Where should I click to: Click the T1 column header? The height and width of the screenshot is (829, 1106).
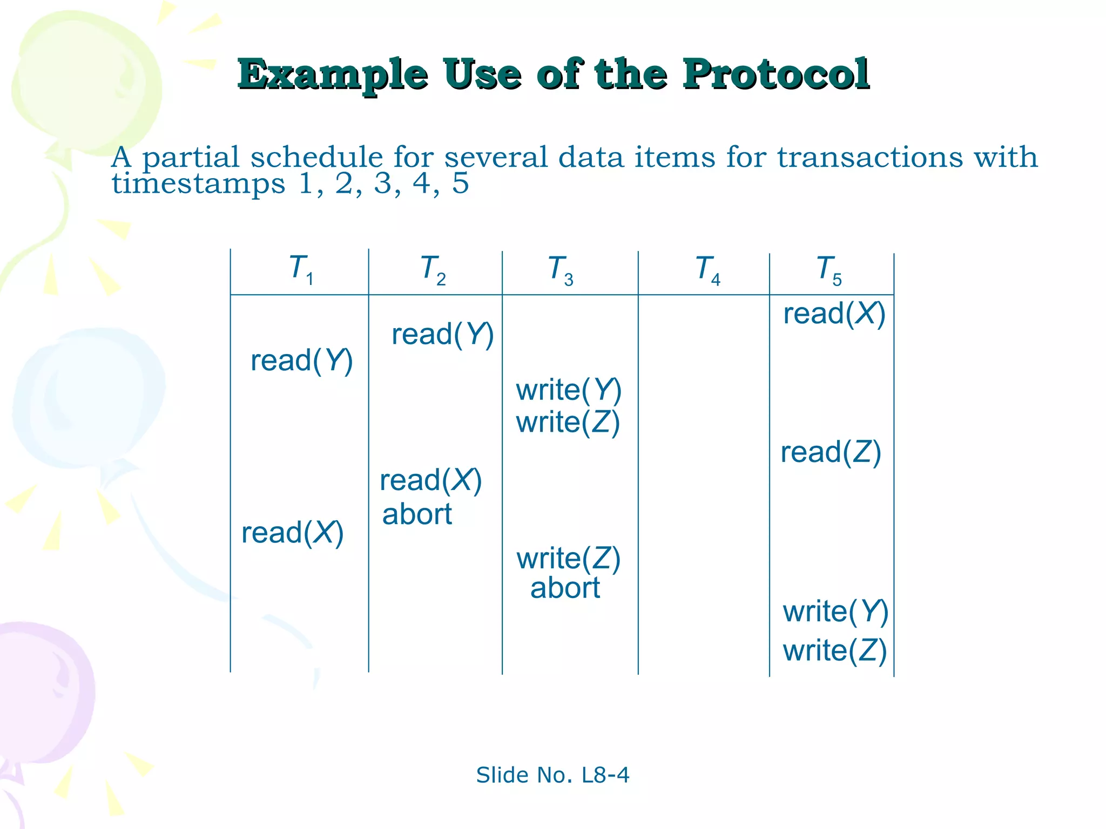(x=301, y=269)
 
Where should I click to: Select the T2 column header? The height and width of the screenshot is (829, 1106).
(x=433, y=269)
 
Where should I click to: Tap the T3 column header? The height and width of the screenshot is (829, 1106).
(x=561, y=269)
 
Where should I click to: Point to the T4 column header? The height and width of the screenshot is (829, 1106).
(x=707, y=269)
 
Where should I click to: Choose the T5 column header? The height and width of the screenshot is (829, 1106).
(x=829, y=269)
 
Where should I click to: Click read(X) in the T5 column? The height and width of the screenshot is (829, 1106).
(x=834, y=314)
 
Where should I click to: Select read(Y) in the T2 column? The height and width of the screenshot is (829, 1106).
(x=442, y=335)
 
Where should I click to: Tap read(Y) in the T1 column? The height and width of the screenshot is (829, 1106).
(x=301, y=361)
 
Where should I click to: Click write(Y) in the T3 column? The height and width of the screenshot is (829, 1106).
(x=568, y=390)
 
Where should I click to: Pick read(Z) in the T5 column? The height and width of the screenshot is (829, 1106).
(x=831, y=452)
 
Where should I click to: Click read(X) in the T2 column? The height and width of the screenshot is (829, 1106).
(x=430, y=480)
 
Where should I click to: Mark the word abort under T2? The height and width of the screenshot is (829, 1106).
(x=417, y=514)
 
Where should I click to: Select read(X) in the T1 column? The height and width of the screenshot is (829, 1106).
(x=292, y=533)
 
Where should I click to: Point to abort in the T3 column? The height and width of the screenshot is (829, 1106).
(x=565, y=588)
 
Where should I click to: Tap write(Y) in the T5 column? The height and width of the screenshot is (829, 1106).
(x=835, y=612)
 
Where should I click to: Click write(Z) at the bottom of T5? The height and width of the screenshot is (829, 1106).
(x=835, y=650)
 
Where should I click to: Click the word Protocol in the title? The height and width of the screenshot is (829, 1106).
(x=775, y=74)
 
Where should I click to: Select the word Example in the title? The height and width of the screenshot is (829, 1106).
(x=333, y=74)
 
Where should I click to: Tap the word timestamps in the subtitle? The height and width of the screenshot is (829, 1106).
(x=198, y=184)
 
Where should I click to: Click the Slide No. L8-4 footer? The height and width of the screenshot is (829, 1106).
(x=552, y=775)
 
